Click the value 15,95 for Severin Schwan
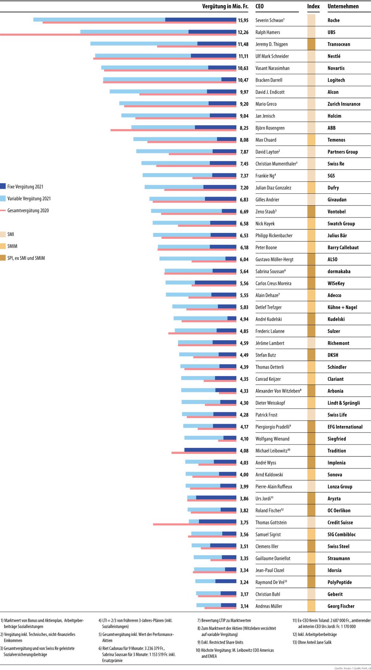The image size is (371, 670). coord(243,20)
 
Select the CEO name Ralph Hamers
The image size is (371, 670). coord(268,32)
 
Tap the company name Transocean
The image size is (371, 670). coord(339,44)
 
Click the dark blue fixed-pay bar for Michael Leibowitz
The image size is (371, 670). coord(210,450)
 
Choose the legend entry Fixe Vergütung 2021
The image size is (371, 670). coord(25,187)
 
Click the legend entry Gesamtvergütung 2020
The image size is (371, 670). coord(28,211)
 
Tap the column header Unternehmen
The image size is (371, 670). coord(343,6)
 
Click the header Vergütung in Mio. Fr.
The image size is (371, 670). coord(225,6)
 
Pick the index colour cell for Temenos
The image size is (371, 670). coord(311,140)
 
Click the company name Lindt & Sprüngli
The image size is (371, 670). coord(344,403)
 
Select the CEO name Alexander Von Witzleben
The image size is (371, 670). coord(278,391)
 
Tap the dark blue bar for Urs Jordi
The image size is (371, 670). coord(216,498)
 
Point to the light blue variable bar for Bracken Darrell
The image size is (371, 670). coord(162,79)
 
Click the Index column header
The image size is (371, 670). coord(313,6)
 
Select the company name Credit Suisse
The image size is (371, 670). coord(340,522)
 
